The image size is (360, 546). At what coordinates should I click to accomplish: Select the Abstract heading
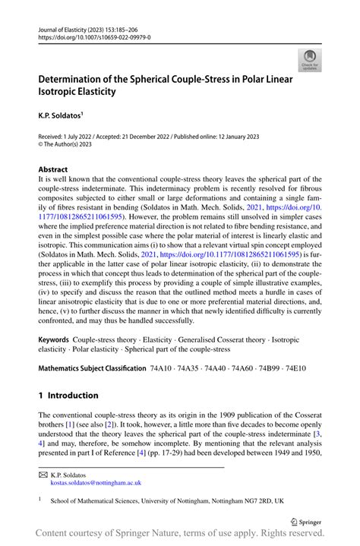coord(52,169)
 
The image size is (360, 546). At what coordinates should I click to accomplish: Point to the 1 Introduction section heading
coord(68,396)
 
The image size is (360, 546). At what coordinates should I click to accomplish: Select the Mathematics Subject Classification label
coord(92,368)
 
